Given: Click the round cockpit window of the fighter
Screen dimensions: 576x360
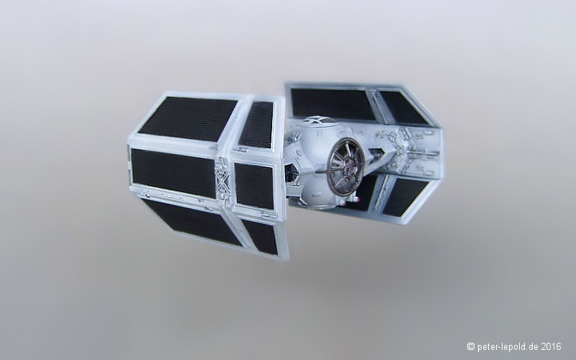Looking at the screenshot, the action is click(346, 166).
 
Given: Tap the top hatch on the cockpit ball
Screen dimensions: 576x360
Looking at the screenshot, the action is click(317, 120).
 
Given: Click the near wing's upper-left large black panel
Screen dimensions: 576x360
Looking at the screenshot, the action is click(187, 119).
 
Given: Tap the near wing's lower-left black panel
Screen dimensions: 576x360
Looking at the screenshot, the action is click(192, 222).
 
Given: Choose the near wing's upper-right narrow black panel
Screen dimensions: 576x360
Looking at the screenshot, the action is click(256, 124).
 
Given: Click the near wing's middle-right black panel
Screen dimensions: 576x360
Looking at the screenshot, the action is click(255, 186).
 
